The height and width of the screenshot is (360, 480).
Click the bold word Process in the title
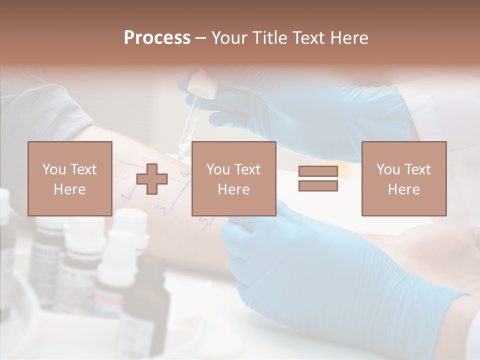(x=157, y=38)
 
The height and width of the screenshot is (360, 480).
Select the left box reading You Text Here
(x=70, y=178)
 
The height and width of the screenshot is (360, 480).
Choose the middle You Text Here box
(x=233, y=178)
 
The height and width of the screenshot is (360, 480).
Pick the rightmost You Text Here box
(x=404, y=178)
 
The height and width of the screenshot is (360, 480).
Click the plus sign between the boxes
(x=152, y=178)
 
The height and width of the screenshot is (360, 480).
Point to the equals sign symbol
(x=318, y=178)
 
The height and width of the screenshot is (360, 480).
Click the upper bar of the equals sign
(x=318, y=171)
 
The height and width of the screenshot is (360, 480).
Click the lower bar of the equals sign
(x=318, y=186)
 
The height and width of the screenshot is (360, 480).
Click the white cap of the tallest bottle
(x=131, y=220)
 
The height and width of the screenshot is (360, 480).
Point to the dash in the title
(x=200, y=38)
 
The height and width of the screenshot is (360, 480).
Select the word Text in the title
(x=309, y=38)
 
